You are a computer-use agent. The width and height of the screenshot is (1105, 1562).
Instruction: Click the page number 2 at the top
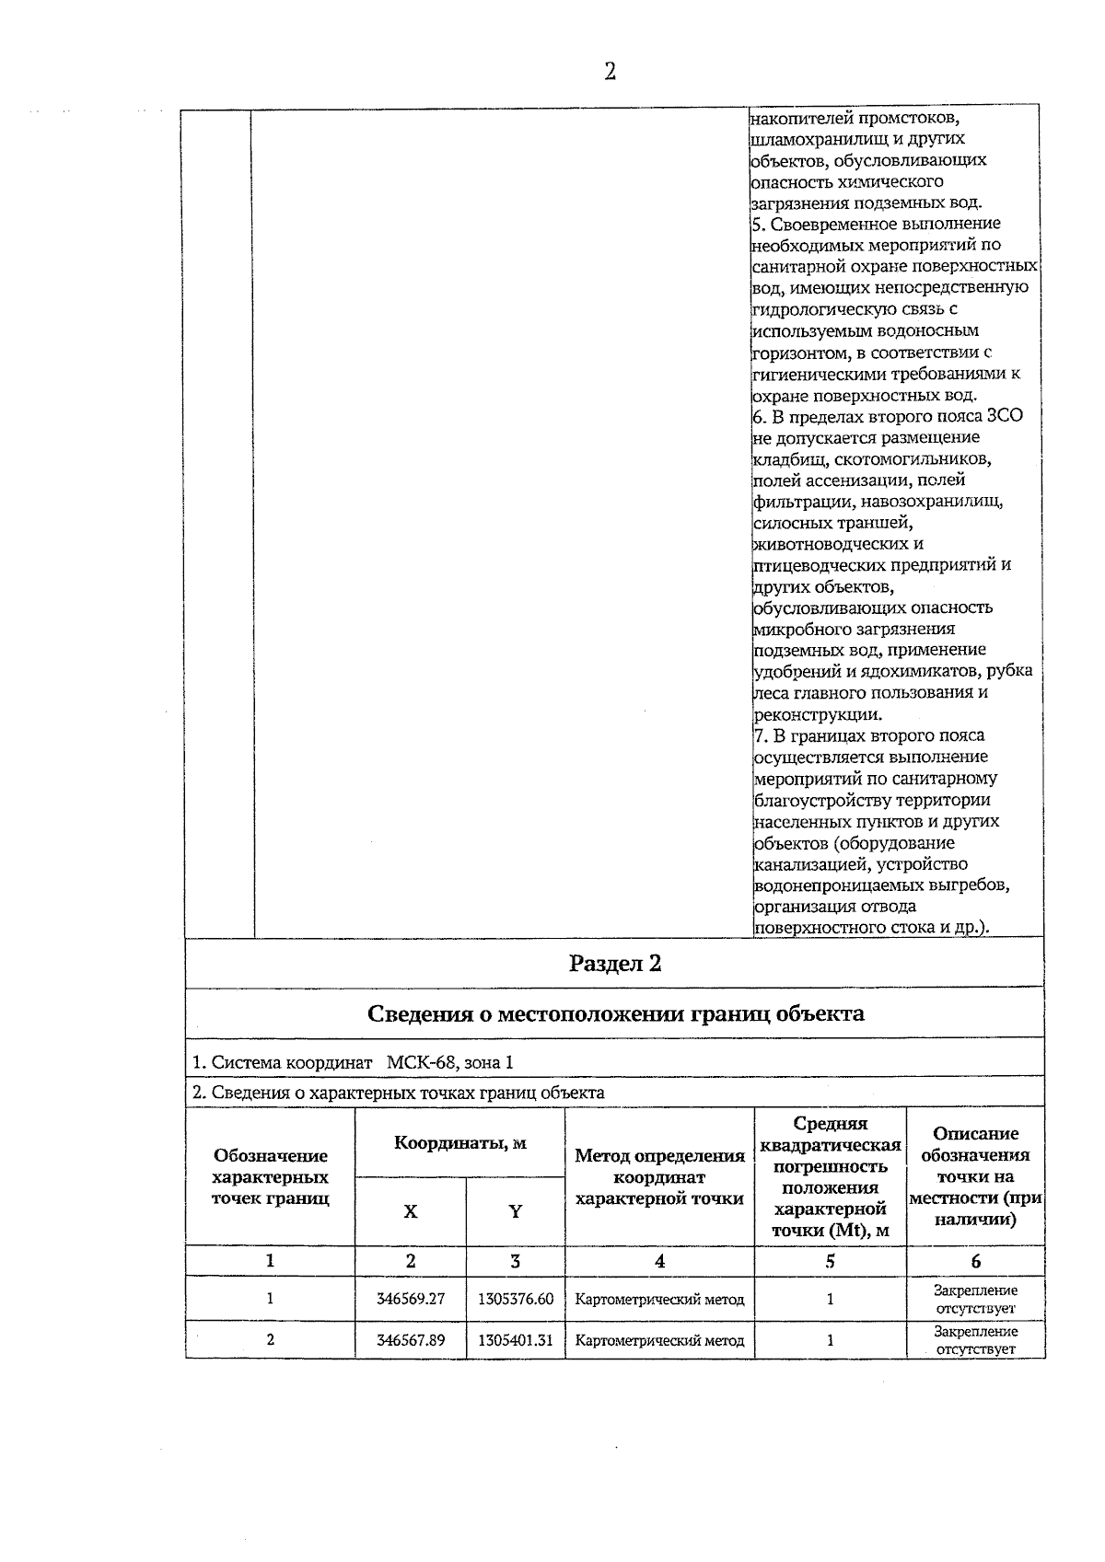(610, 72)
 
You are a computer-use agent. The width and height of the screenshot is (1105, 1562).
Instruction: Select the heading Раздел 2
(615, 964)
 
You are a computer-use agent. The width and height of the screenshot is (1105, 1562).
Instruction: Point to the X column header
(411, 1211)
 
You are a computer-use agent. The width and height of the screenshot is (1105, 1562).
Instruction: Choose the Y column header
(516, 1211)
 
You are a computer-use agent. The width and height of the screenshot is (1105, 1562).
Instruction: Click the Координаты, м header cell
(459, 1143)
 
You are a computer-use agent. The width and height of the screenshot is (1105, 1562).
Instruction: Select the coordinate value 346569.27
(411, 1299)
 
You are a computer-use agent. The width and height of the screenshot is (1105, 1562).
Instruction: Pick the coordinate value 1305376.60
(516, 1299)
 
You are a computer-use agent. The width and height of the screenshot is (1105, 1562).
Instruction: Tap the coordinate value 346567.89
(411, 1340)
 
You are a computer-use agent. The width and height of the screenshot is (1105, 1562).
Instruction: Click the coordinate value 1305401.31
(516, 1340)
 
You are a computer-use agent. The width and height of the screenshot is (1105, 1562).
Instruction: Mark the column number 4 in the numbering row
(659, 1261)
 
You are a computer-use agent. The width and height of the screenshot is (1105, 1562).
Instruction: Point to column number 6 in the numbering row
(975, 1261)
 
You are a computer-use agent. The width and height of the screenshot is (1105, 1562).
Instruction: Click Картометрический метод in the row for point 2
(659, 1340)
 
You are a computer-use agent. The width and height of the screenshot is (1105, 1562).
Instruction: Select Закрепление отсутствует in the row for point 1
(975, 1299)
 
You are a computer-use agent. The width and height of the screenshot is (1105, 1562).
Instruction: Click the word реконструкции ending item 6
(818, 714)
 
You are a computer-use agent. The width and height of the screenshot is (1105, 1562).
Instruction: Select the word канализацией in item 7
(810, 864)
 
